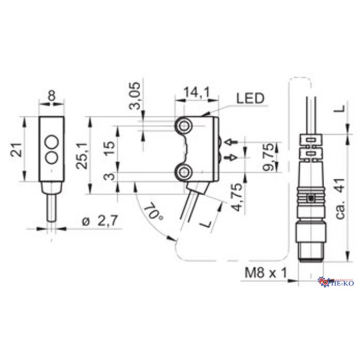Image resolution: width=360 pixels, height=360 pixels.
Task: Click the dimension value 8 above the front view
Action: tap(51, 96)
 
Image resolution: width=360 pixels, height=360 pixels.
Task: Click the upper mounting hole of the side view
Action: tap(185, 125)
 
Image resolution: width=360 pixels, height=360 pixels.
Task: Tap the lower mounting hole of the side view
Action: tap(185, 171)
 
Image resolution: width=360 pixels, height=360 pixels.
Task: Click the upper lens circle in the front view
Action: tap(51, 142)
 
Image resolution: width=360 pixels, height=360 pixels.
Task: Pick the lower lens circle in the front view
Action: tap(51, 157)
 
